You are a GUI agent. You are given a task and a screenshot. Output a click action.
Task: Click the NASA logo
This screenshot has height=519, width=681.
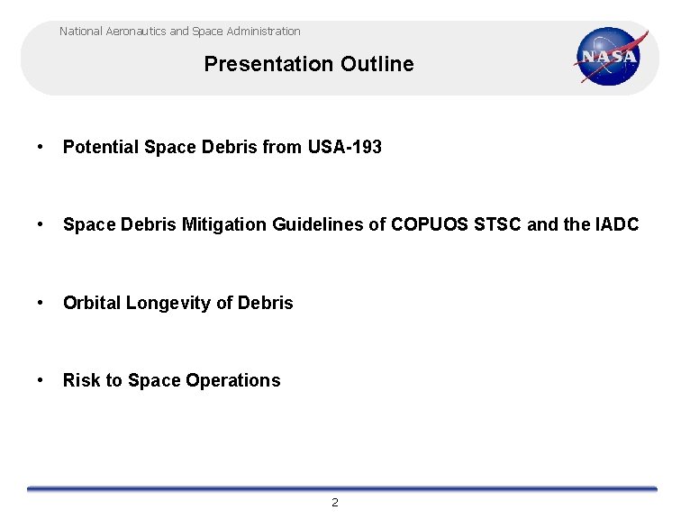tap(611, 56)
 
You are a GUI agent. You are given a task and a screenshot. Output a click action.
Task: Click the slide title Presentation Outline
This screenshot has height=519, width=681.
tap(309, 64)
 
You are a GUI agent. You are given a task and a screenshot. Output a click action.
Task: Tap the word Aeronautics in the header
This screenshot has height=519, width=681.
tap(135, 32)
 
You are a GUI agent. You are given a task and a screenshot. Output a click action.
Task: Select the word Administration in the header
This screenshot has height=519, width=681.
tap(264, 32)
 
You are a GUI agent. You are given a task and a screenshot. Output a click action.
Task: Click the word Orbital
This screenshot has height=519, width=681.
tap(91, 303)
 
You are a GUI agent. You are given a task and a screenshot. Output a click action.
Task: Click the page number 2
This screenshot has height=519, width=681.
tap(335, 503)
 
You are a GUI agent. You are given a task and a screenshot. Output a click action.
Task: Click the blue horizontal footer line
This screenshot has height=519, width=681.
tap(342, 488)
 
